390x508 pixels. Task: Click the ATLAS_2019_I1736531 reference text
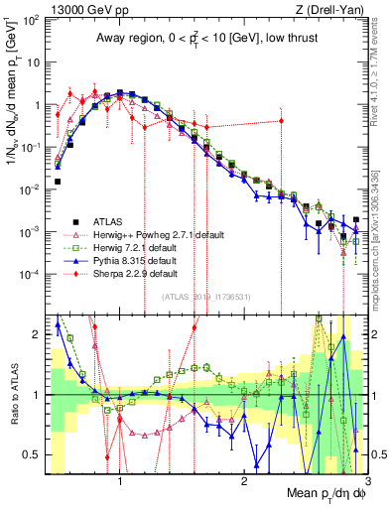click(205, 297)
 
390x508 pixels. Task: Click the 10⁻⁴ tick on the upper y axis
click(30, 274)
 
